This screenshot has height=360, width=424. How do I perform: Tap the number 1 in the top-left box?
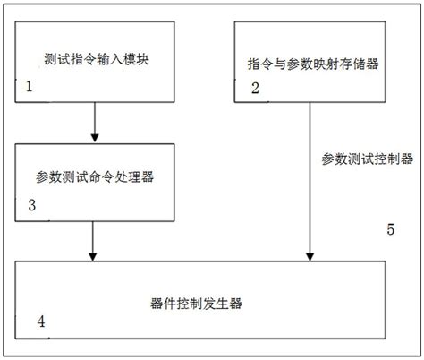click(x=29, y=89)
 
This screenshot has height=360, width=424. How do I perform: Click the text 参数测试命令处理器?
click(x=96, y=176)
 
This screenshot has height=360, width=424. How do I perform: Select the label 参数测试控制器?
click(x=367, y=159)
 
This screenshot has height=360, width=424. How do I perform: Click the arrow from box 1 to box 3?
click(x=94, y=121)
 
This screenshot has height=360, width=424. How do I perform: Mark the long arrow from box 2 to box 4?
click(x=310, y=179)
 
